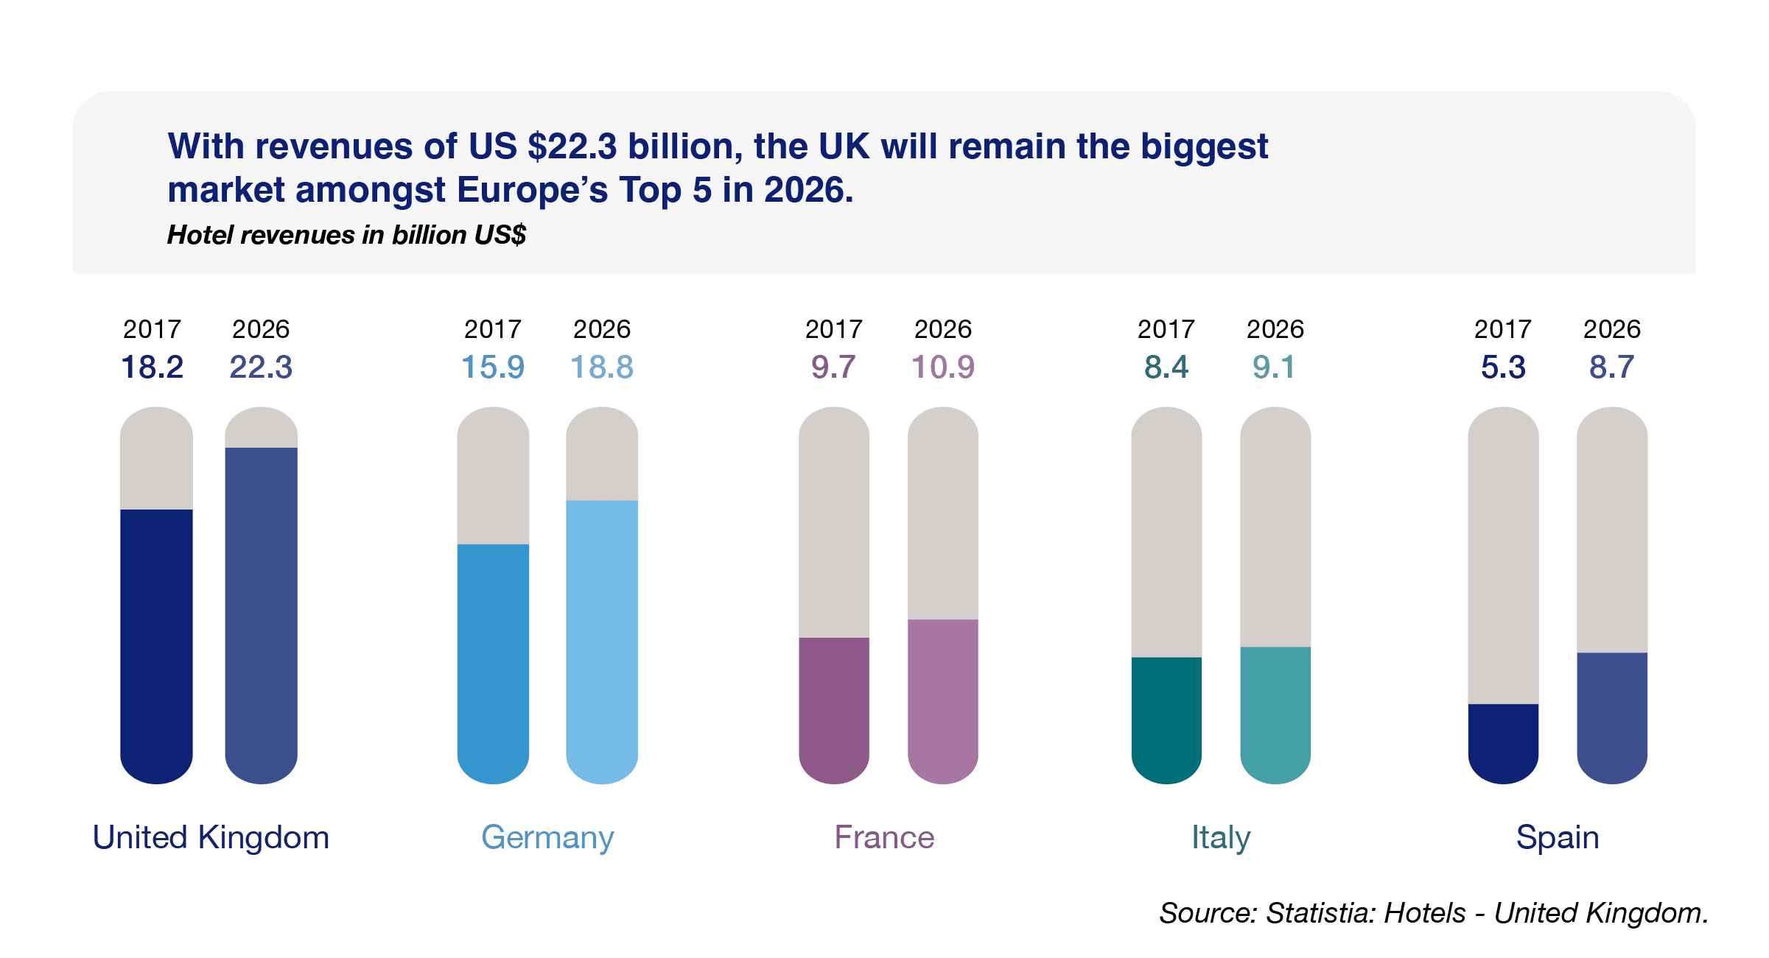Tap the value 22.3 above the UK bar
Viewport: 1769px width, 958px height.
pyautogui.click(x=261, y=367)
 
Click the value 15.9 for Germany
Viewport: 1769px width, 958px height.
pyautogui.click(x=493, y=367)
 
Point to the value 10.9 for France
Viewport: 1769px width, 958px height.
pyautogui.click(x=943, y=367)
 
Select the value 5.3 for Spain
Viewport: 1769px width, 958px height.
pyautogui.click(x=1503, y=367)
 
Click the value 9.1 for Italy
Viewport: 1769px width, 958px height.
pyautogui.click(x=1274, y=367)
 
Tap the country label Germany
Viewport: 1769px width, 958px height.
pyautogui.click(x=547, y=838)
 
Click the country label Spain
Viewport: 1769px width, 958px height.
pyautogui.click(x=1558, y=838)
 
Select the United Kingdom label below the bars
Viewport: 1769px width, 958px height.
pyautogui.click(x=211, y=838)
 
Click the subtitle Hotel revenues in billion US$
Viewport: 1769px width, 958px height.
pyautogui.click(x=346, y=235)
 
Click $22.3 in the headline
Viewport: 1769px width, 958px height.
pyautogui.click(x=572, y=147)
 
